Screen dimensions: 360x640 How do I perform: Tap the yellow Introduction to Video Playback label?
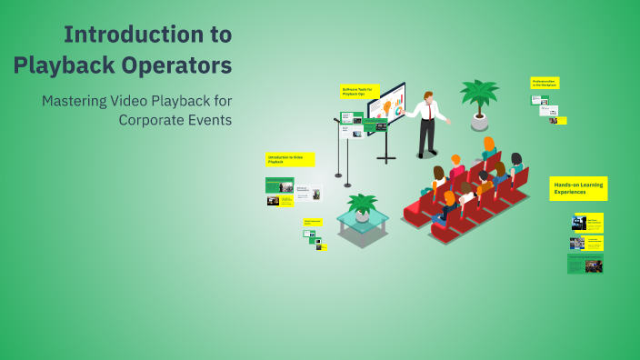click(x=290, y=159)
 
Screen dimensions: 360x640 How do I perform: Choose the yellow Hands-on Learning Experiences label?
click(x=577, y=188)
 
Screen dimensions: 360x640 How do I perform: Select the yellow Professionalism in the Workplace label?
click(x=545, y=83)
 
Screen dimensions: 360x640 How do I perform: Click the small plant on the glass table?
click(x=363, y=208)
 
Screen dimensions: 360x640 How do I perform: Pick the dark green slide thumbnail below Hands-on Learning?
click(x=585, y=265)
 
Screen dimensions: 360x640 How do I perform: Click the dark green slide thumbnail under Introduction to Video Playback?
click(x=279, y=185)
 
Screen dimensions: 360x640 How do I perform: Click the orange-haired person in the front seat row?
click(x=449, y=199)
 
